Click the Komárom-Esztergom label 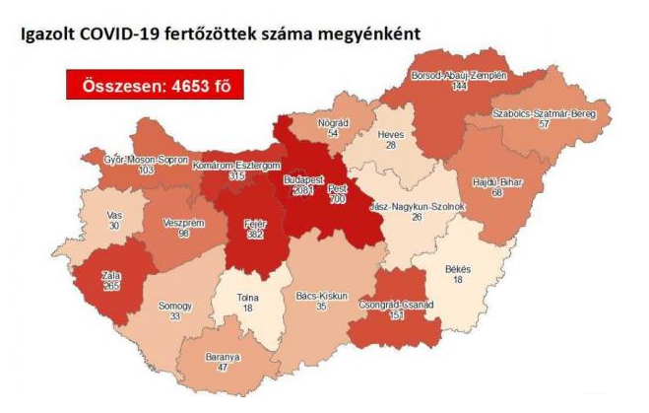click(x=236, y=165)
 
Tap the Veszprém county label click(x=184, y=223)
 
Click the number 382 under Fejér click(x=255, y=237)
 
